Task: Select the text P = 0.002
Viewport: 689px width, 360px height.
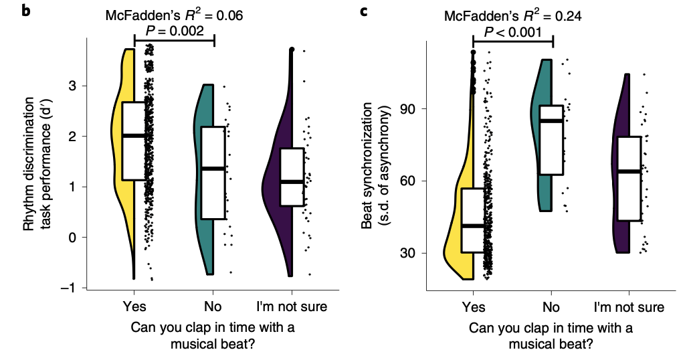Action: pos(174,31)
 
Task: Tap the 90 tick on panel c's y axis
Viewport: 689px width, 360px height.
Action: pos(409,109)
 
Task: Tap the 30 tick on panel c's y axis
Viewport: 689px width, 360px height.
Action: pos(409,253)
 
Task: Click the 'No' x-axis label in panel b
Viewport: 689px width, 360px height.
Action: pos(214,307)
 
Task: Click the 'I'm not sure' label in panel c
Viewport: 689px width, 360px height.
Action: pos(629,307)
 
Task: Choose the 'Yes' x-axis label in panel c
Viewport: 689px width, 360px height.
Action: pos(473,307)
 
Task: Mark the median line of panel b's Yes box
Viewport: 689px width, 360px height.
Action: pos(134,135)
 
